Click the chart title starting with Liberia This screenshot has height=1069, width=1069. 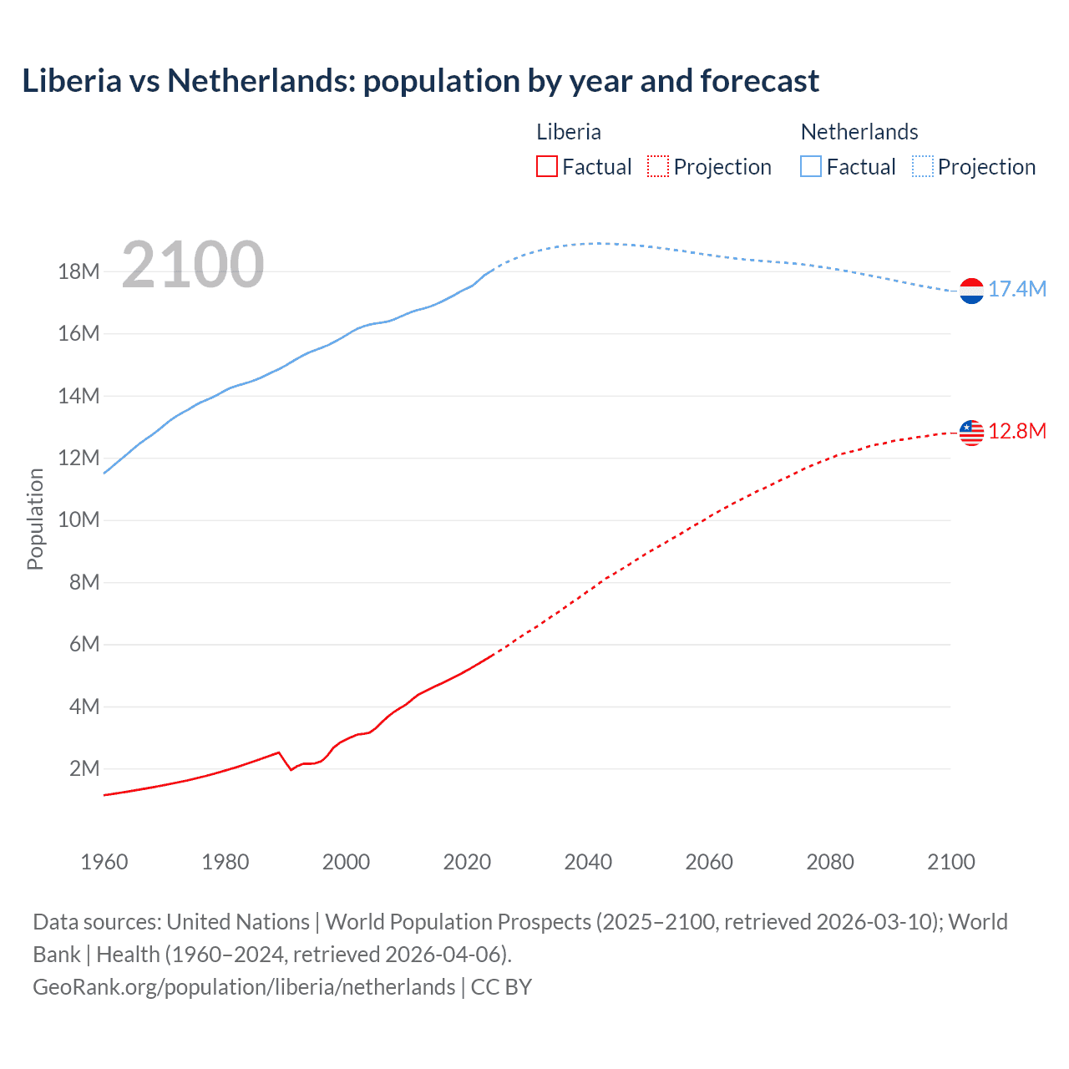point(420,81)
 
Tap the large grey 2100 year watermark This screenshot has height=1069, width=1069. point(193,265)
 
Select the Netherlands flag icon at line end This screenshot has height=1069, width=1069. point(971,291)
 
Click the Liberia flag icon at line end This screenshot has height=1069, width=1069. point(971,433)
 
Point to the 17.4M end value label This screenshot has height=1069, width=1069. point(1017,290)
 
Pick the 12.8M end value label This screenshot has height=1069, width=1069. point(1017,432)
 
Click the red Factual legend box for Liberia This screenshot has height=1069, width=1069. point(547,167)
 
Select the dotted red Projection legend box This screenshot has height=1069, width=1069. point(658,167)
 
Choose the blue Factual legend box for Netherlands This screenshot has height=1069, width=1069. point(811,167)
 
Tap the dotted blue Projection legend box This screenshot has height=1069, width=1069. point(923,167)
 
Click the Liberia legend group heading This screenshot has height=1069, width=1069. point(569,132)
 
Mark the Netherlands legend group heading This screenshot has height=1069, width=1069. point(859,132)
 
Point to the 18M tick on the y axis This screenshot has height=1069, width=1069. point(79,272)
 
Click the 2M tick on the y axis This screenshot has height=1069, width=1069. point(84,769)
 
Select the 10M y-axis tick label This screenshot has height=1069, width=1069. point(79,520)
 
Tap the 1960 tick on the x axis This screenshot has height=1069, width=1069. point(104,862)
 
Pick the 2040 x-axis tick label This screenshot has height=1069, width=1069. point(588,862)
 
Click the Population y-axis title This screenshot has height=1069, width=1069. point(35,519)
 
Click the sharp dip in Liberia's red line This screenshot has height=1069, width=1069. point(291,769)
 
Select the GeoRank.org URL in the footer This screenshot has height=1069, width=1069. point(244,987)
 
